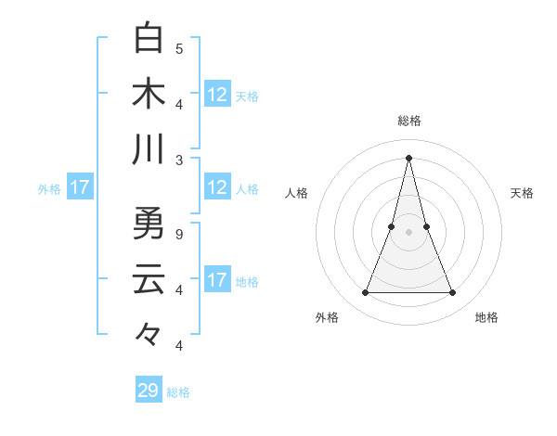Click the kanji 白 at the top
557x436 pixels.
point(149,38)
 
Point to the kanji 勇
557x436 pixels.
point(149,224)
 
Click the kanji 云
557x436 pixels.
point(149,279)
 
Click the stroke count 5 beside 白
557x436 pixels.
point(179,48)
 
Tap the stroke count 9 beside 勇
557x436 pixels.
point(179,234)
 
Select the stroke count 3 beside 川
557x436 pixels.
point(179,160)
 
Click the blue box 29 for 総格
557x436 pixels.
point(149,391)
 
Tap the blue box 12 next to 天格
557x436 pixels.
point(217,94)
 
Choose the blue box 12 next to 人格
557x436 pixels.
point(217,188)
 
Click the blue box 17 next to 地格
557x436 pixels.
point(217,280)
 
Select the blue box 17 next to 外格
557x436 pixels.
point(80,188)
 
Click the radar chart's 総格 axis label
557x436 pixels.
point(408,121)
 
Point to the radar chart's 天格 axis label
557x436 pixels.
point(523,193)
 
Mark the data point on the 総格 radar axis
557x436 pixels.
point(408,157)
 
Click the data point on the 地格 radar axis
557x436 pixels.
point(453,293)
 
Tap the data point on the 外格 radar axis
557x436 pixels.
point(365,293)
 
